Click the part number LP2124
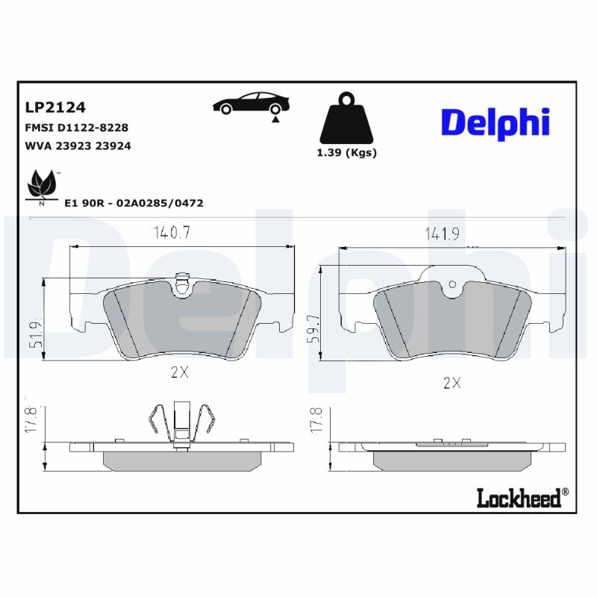tap(55, 108)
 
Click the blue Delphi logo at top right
tap(495, 122)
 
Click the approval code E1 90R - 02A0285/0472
tap(134, 202)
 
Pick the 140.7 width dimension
tap(172, 233)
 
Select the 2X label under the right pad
tap(452, 384)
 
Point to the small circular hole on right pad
tap(451, 284)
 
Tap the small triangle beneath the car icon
tap(275, 119)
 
